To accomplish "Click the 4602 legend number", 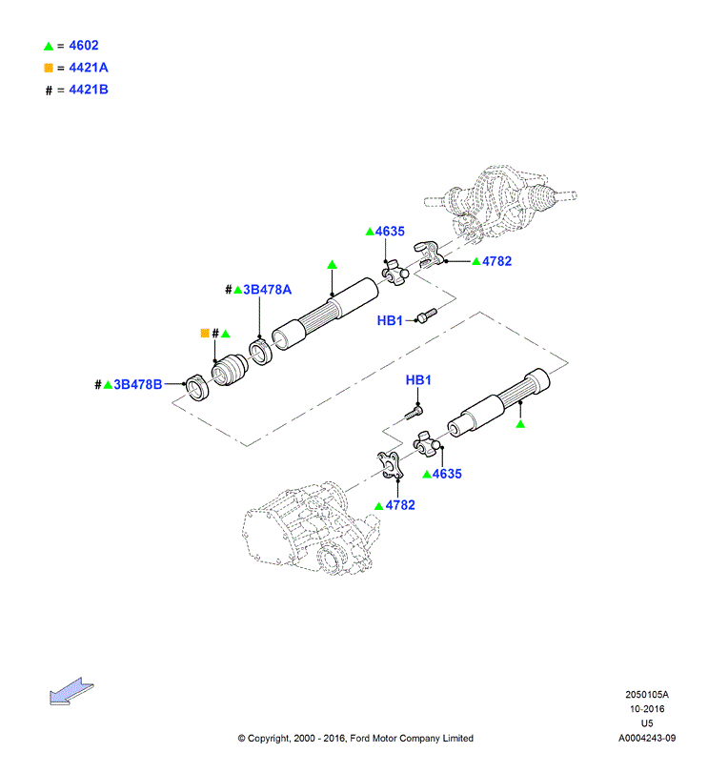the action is pos(84,46).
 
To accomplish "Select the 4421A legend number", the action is pos(89,68).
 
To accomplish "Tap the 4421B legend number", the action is pos(89,90).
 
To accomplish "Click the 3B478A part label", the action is pos(267,290).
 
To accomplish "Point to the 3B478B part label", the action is pos(138,384).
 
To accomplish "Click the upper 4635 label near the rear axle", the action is pos(390,232).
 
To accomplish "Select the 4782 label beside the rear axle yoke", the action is pos(496,261).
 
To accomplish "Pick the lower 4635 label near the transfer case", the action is pos(447,474).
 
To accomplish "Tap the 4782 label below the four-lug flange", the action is pos(400,505).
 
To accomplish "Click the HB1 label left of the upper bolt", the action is pos(390,321).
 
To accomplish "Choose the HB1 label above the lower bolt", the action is pos(418,380).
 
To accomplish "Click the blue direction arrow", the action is pos(71,691).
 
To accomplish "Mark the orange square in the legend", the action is pos(49,68).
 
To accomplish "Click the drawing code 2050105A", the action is pos(647,695).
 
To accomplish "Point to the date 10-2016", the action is pos(647,709).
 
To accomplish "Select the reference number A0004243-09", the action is pos(647,738).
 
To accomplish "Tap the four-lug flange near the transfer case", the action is pos(392,465).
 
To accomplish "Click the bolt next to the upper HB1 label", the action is pos(427,315).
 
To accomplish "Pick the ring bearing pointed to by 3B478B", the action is pos(197,388).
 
